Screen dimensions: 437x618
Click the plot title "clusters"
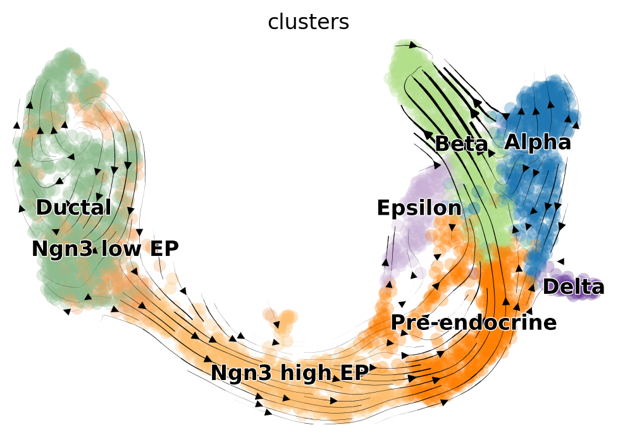[x=308, y=22]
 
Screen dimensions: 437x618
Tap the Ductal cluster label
[x=73, y=207]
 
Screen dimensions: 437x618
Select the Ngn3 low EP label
[x=105, y=249]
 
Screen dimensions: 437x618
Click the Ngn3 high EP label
[x=289, y=373]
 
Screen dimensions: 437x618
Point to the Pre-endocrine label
[x=473, y=322]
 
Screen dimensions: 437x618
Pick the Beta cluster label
[x=461, y=144]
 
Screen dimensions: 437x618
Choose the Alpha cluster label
[x=537, y=142]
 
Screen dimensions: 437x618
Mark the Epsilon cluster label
[x=419, y=208]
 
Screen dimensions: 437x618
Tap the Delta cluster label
[x=573, y=287]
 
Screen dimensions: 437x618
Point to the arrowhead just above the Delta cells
[x=560, y=261]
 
